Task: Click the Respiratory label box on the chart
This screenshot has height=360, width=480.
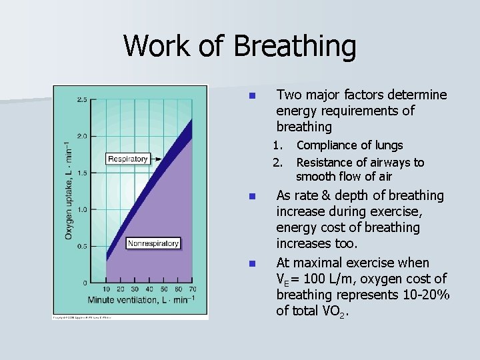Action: point(127,159)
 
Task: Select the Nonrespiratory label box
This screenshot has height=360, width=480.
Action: point(153,243)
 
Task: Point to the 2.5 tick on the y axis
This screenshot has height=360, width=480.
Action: point(81,100)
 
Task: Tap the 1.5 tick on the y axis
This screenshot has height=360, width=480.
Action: point(81,173)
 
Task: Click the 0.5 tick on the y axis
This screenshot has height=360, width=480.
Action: point(81,247)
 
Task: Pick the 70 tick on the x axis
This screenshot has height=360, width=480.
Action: point(192,289)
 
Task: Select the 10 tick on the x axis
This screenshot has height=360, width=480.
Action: point(107,289)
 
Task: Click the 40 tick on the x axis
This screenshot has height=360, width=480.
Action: point(149,289)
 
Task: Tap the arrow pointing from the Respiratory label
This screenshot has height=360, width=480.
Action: point(159,159)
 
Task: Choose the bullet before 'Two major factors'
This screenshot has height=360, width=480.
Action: point(251,95)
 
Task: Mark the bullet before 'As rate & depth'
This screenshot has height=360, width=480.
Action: point(251,197)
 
